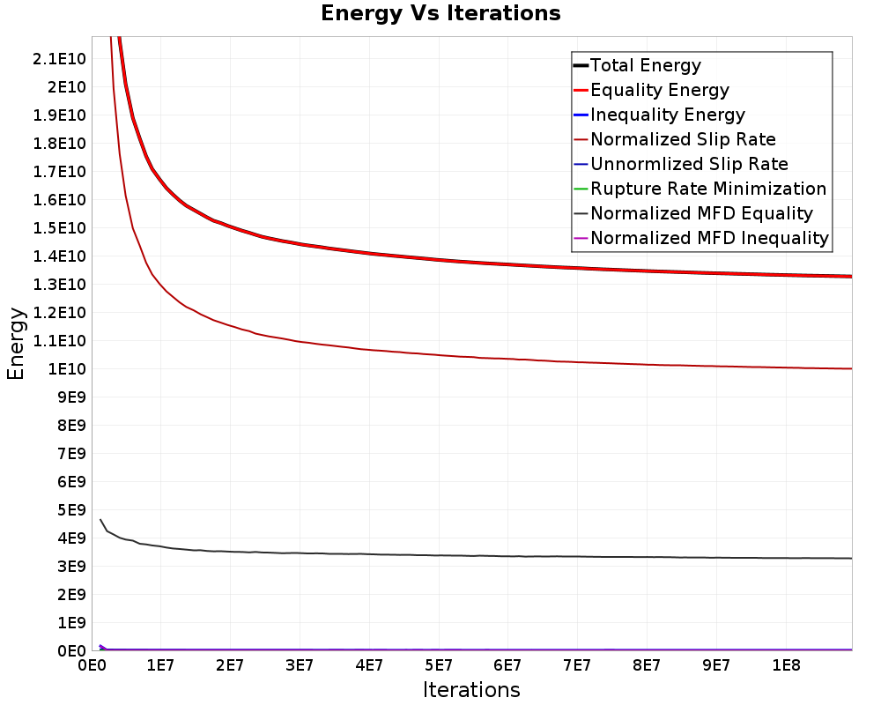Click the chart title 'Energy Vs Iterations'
pos(440,13)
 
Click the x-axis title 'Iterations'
pos(471,689)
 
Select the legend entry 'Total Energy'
pos(645,65)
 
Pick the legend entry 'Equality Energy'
pos(659,90)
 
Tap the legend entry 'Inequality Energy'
pos(667,115)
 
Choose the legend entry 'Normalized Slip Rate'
pos(683,139)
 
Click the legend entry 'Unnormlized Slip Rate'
pos(689,164)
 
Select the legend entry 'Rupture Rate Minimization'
pos(707,189)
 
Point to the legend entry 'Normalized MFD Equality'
pos(701,213)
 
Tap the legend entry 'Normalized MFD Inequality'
pos(709,238)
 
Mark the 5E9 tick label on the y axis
pos(68,509)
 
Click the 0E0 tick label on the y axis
pos(68,650)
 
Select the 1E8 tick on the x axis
pos(785,664)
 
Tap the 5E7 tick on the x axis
pos(438,664)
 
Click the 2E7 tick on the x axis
pos(230,664)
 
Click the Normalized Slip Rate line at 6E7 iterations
pos(507,358)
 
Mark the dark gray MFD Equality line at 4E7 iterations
pos(369,553)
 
